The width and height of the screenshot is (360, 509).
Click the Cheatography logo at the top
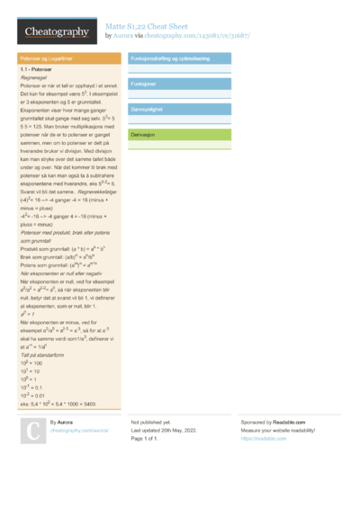tap(57, 32)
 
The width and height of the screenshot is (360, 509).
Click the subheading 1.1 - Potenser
tap(37, 69)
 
